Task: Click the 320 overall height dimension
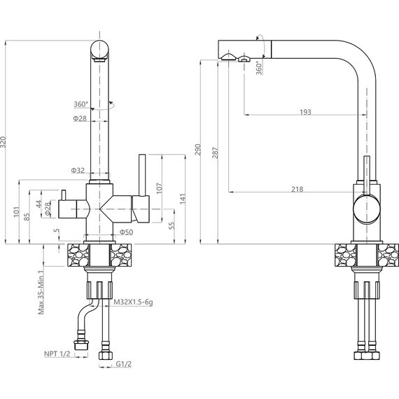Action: pyautogui.click(x=3, y=142)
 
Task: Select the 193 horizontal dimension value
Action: pyautogui.click(x=305, y=112)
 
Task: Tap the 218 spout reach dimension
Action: pyautogui.click(x=297, y=189)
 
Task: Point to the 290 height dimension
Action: pyautogui.click(x=198, y=149)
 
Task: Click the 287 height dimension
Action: pyautogui.click(x=216, y=152)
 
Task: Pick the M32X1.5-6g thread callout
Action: pyautogui.click(x=133, y=302)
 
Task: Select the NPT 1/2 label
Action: pyautogui.click(x=57, y=353)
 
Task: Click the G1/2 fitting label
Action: pyautogui.click(x=124, y=364)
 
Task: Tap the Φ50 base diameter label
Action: pyautogui.click(x=127, y=232)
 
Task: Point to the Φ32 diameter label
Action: pyautogui.click(x=78, y=170)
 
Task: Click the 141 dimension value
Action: pyautogui.click(x=183, y=199)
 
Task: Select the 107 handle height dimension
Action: pyautogui.click(x=159, y=188)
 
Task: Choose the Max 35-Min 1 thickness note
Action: pyautogui.click(x=41, y=292)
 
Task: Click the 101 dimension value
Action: pyautogui.click(x=17, y=211)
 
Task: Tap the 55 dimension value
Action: pyautogui.click(x=171, y=225)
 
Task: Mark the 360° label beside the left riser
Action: pyautogui.click(x=81, y=104)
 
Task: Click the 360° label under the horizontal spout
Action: pyautogui.click(x=259, y=68)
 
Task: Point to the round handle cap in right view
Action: pyautogui.click(x=366, y=209)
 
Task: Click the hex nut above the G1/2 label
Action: pyautogui.click(x=106, y=356)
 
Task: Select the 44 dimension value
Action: pyautogui.click(x=38, y=204)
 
